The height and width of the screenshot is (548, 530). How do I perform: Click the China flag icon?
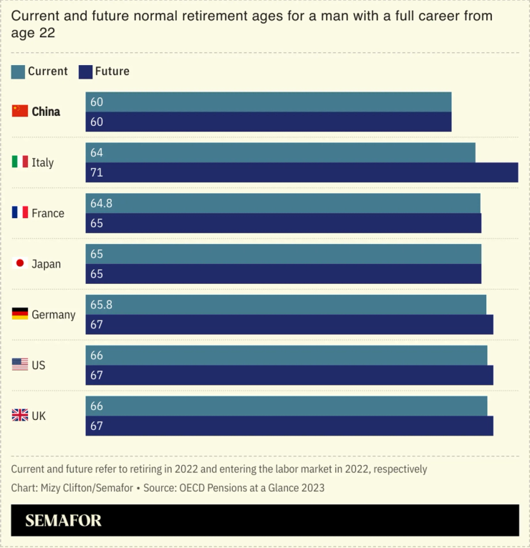coord(20,111)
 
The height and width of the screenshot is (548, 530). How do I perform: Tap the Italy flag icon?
coord(20,162)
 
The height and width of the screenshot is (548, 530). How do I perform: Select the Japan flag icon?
coord(20,263)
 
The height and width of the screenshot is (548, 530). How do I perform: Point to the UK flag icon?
coord(20,415)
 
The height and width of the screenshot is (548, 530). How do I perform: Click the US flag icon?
coord(20,365)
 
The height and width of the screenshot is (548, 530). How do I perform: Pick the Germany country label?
coord(54,314)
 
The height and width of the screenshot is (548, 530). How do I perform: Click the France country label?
coord(48,213)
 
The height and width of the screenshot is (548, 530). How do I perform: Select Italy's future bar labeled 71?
coord(302,172)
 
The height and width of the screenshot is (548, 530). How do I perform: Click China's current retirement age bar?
coord(269,102)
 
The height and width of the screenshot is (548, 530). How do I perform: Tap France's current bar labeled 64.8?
coord(283,203)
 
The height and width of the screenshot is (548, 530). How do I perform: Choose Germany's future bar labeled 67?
coord(289,325)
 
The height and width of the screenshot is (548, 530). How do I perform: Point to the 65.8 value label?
coord(101,305)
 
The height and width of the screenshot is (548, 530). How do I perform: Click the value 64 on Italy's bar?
coord(97,152)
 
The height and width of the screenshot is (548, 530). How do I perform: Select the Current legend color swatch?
coord(19,72)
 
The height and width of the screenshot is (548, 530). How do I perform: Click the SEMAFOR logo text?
coord(64,521)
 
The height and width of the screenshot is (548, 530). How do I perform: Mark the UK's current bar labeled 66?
coord(286,406)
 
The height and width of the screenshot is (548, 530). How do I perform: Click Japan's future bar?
coord(284,274)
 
